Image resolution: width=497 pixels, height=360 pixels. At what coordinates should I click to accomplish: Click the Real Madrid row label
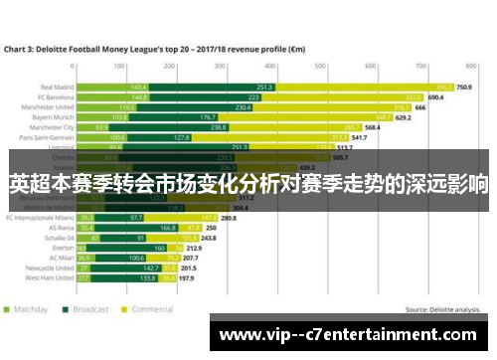click(x=59, y=88)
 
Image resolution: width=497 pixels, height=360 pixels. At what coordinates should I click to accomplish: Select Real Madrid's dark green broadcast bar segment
click(x=212, y=88)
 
